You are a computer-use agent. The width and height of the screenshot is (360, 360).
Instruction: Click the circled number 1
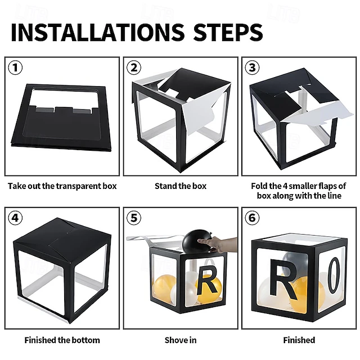[x=15, y=67]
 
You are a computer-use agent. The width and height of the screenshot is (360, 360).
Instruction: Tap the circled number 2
[x=134, y=67]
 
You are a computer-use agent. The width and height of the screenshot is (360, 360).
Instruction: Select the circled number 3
[x=253, y=67]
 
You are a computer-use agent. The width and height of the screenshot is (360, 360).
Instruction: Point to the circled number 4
[x=15, y=218]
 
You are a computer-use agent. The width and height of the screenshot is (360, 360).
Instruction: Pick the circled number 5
[x=134, y=218]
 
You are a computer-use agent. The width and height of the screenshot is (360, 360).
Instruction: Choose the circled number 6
[x=253, y=218]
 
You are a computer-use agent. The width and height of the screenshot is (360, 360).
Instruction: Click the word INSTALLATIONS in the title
[x=97, y=33]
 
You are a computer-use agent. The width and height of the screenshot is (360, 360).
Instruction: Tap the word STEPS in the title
[x=228, y=33]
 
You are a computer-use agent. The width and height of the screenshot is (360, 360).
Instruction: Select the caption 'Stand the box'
[x=181, y=186]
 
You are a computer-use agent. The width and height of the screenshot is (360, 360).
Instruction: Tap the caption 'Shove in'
[x=181, y=340]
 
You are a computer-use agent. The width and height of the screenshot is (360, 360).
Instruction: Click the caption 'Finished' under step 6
[x=299, y=340]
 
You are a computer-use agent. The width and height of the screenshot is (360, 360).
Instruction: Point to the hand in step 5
[x=218, y=245]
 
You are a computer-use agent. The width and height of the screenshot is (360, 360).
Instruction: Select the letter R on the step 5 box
[x=206, y=280]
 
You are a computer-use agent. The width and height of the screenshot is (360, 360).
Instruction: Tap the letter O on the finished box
[x=334, y=276]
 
